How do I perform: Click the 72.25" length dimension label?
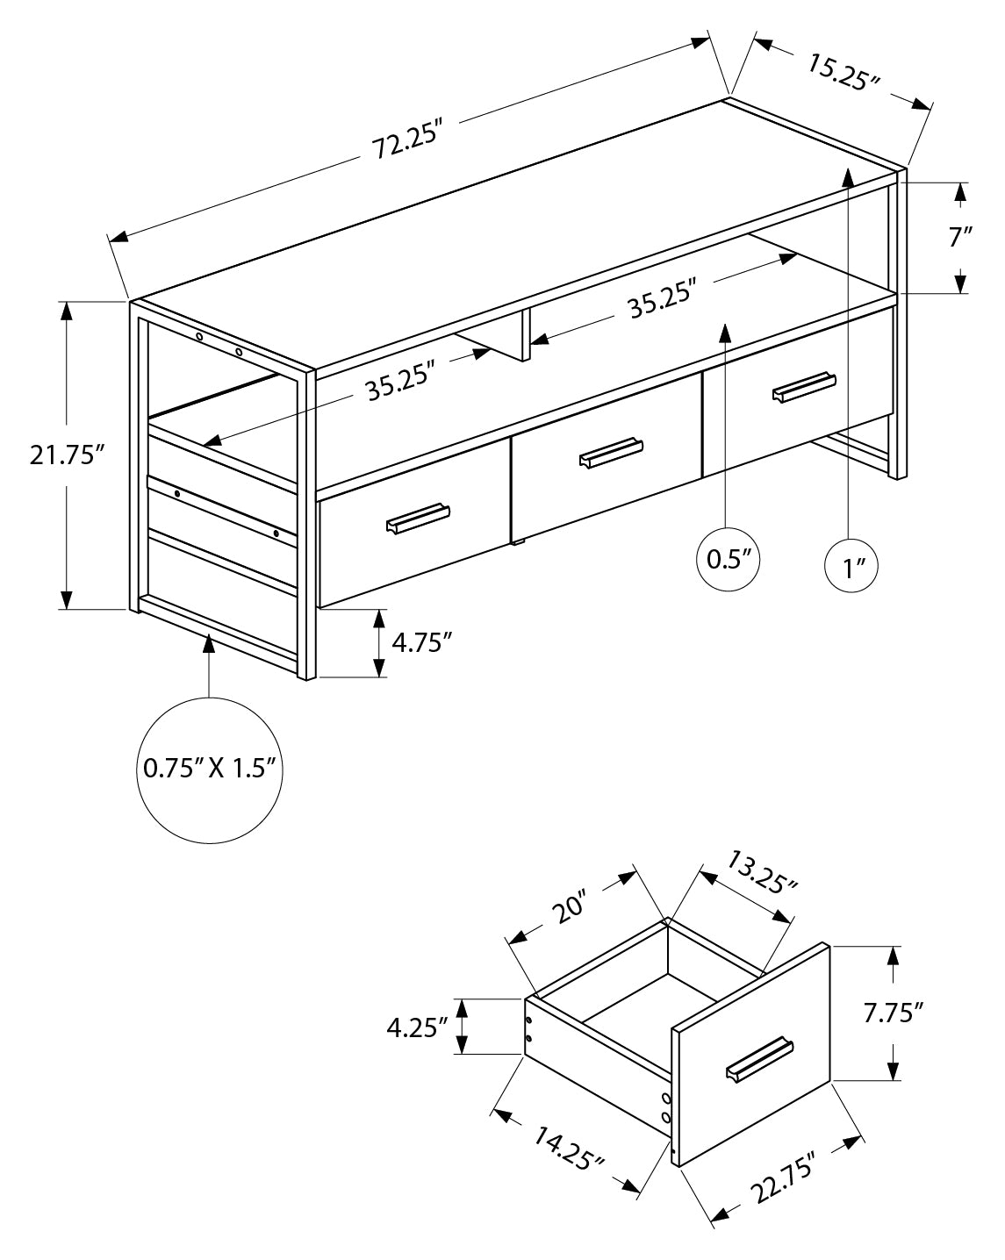pyautogui.click(x=406, y=141)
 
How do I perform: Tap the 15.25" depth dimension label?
pyautogui.click(x=843, y=73)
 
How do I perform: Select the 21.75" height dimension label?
pyautogui.click(x=67, y=455)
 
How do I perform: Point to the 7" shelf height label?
pyautogui.click(x=960, y=237)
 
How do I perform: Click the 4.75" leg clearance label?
pyautogui.click(x=421, y=642)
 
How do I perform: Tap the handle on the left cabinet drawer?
pyautogui.click(x=418, y=517)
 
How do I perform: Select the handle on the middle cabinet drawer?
pyautogui.click(x=612, y=451)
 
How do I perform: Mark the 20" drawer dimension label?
pyautogui.click(x=568, y=909)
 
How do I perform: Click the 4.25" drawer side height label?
pyautogui.click(x=417, y=1027)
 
